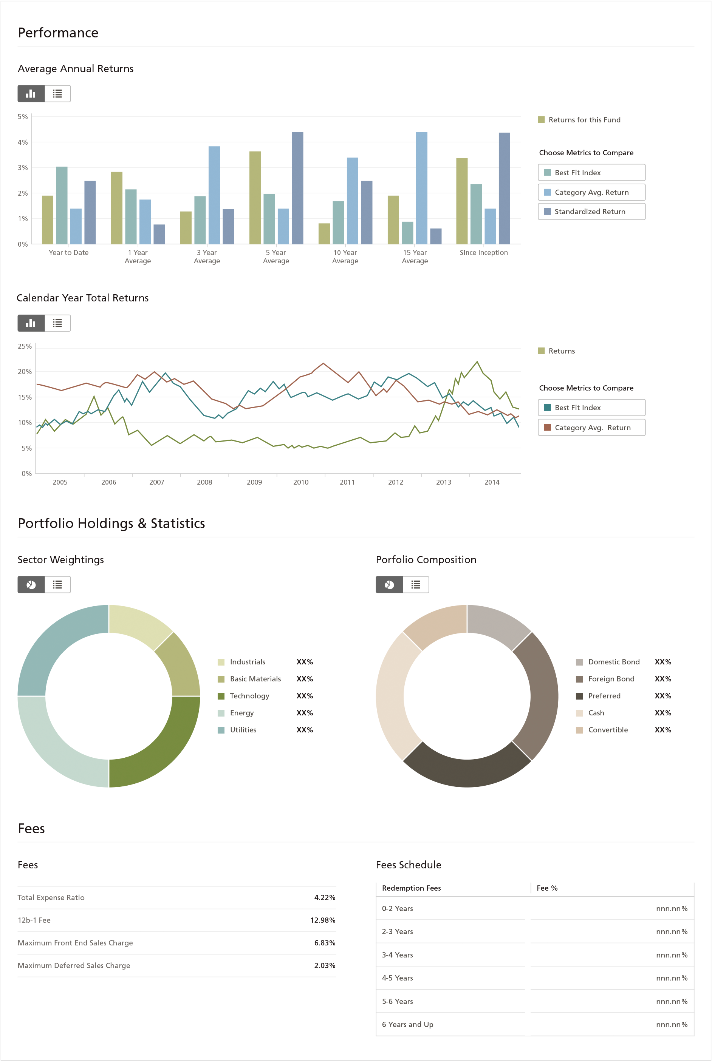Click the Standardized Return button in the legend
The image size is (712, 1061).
591,212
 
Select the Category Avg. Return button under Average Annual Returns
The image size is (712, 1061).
591,192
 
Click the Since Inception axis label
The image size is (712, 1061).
484,252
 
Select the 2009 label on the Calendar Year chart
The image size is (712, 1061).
254,482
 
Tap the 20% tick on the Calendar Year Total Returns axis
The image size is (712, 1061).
25,371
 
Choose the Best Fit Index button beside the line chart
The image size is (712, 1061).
591,408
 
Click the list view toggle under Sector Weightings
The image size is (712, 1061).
57,584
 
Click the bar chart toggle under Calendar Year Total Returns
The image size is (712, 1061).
31,323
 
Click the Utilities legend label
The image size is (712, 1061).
243,730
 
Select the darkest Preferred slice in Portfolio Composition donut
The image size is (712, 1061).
467,771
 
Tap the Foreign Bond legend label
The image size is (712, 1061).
611,679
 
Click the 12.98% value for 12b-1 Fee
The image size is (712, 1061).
322,920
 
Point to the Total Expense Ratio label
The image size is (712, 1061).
51,897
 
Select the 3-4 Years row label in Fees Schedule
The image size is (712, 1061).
397,955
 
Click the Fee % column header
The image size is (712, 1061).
547,888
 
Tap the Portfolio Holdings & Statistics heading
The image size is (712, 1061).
111,523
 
